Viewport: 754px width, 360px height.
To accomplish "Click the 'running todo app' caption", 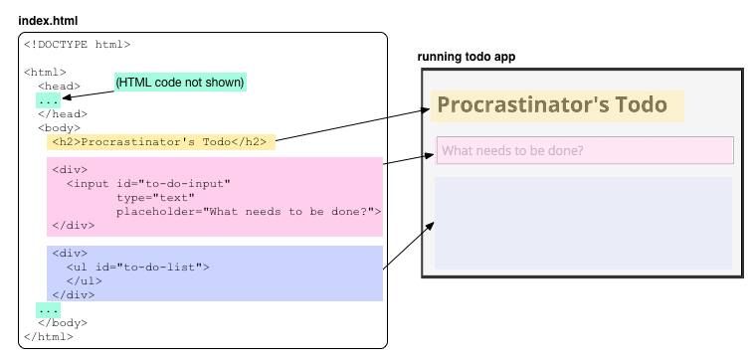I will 467,57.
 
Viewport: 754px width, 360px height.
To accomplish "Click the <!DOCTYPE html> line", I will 77,44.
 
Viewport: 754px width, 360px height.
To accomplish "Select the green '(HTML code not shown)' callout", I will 180,83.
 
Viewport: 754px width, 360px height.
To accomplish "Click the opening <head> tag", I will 60,87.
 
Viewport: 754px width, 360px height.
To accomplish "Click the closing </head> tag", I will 63,114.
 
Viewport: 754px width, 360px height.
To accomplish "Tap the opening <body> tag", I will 60,128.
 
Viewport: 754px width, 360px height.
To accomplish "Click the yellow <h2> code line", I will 159,142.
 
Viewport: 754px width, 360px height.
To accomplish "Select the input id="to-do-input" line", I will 148,184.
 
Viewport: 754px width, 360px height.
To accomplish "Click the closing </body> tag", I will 63,323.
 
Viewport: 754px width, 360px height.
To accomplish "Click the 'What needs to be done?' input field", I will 584,151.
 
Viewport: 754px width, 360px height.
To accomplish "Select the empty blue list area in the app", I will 583,223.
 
